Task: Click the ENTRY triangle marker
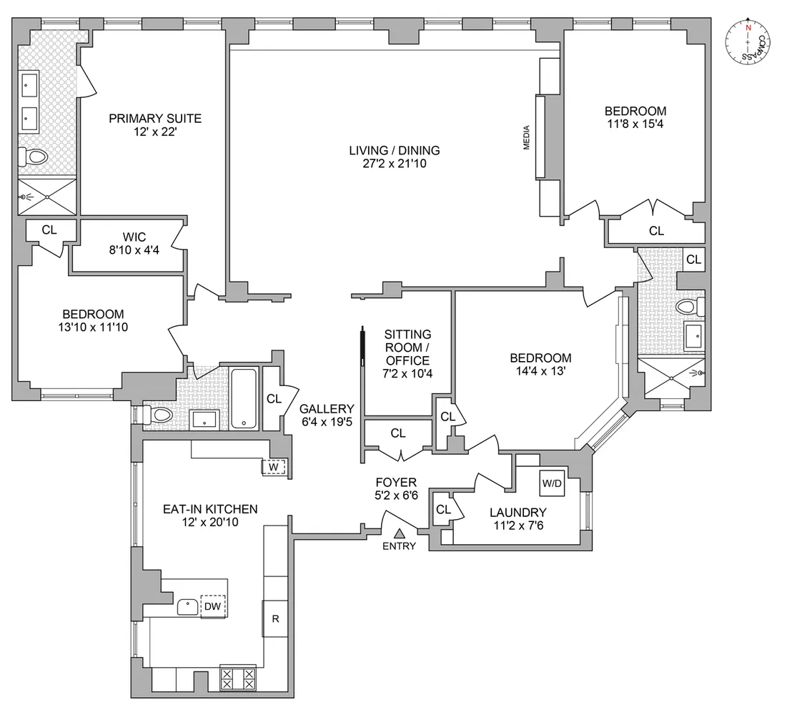click(400, 533)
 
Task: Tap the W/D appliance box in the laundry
click(552, 483)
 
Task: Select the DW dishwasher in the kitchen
click(213, 606)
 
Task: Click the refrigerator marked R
click(275, 619)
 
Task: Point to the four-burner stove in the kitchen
click(238, 678)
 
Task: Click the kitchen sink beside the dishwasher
click(189, 606)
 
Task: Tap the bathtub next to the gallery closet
click(244, 398)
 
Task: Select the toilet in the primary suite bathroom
click(33, 157)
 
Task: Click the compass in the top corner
click(748, 43)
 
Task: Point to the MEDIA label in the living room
click(527, 137)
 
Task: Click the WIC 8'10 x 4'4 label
click(134, 244)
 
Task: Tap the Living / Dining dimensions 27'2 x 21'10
click(395, 163)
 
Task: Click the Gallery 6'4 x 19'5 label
click(327, 415)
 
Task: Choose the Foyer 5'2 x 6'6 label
click(396, 488)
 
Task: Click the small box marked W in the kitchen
click(274, 467)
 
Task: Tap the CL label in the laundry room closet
click(443, 510)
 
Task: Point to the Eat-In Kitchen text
click(210, 509)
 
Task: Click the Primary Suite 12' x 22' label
click(155, 125)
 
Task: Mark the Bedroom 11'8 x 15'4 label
click(635, 117)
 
